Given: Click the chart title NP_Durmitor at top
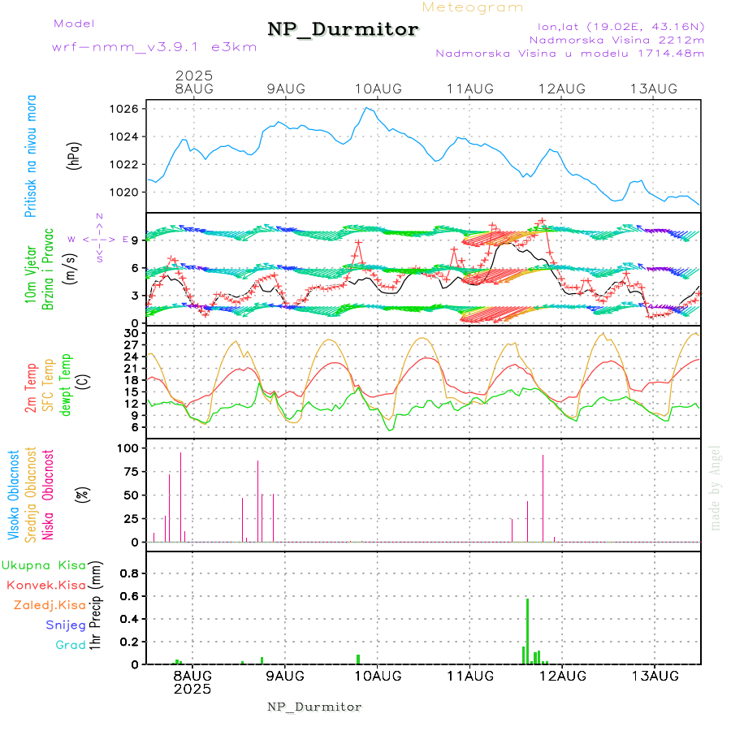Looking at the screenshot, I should [343, 30].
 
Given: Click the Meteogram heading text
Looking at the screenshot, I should [473, 7].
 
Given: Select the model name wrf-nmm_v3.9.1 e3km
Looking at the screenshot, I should [154, 46].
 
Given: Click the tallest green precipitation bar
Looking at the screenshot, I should [527, 631].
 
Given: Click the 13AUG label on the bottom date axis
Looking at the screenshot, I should [655, 675].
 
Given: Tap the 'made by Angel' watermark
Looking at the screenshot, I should [716, 487].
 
